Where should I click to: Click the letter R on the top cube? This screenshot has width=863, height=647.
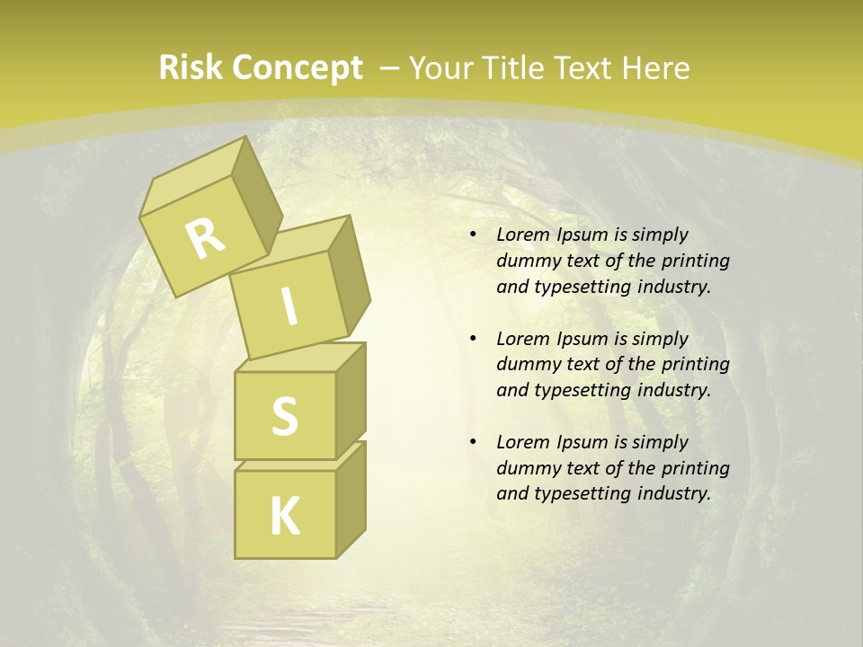tap(205, 238)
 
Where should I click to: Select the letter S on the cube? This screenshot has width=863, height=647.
tap(284, 416)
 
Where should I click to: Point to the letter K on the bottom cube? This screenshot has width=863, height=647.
tap(284, 517)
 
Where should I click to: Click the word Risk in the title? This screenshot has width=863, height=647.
tap(190, 68)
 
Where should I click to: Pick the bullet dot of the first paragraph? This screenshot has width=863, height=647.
tap(473, 235)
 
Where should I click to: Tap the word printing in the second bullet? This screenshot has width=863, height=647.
tap(695, 365)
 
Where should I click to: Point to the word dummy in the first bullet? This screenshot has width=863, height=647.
tap(526, 261)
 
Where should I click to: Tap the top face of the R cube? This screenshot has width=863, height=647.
tap(193, 180)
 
